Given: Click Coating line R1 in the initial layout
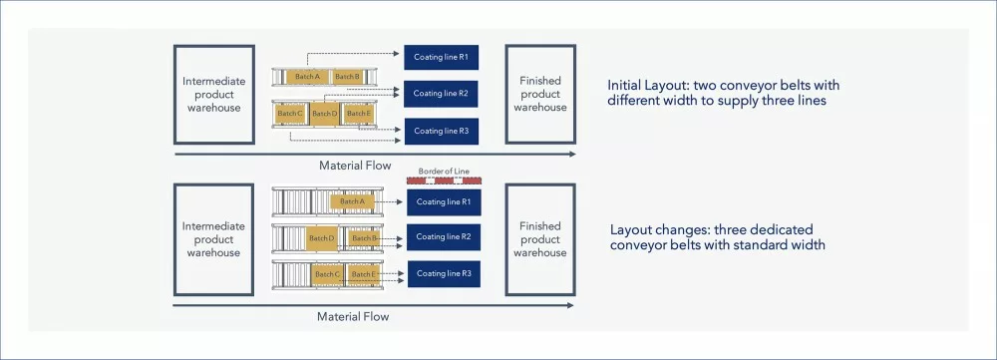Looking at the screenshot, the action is tap(442, 57).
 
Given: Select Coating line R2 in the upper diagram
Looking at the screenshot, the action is tap(442, 94).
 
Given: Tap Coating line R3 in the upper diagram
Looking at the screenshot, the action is tap(442, 131).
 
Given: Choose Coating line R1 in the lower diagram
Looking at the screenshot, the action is tap(444, 202).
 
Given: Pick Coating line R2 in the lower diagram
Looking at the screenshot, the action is tap(444, 237).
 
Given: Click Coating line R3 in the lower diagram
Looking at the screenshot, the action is tap(444, 274).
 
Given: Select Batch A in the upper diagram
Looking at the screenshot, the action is tap(308, 77).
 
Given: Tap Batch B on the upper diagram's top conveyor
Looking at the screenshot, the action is tap(348, 77).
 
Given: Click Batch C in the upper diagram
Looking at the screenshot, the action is tap(291, 114).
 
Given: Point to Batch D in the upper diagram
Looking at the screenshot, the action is tap(325, 114).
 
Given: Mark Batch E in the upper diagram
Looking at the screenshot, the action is tap(358, 114).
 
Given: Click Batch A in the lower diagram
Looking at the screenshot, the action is tap(352, 201).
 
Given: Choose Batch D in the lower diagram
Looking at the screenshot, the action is tap(321, 238).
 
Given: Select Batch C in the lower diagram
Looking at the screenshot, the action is tap(328, 274).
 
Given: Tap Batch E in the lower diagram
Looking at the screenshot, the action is tap(364, 274).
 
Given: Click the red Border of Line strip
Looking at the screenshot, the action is tap(444, 180).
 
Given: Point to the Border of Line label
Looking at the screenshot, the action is tap(444, 172).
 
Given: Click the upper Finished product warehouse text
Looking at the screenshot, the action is tap(540, 94).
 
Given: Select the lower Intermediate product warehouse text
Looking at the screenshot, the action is tap(213, 239).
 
